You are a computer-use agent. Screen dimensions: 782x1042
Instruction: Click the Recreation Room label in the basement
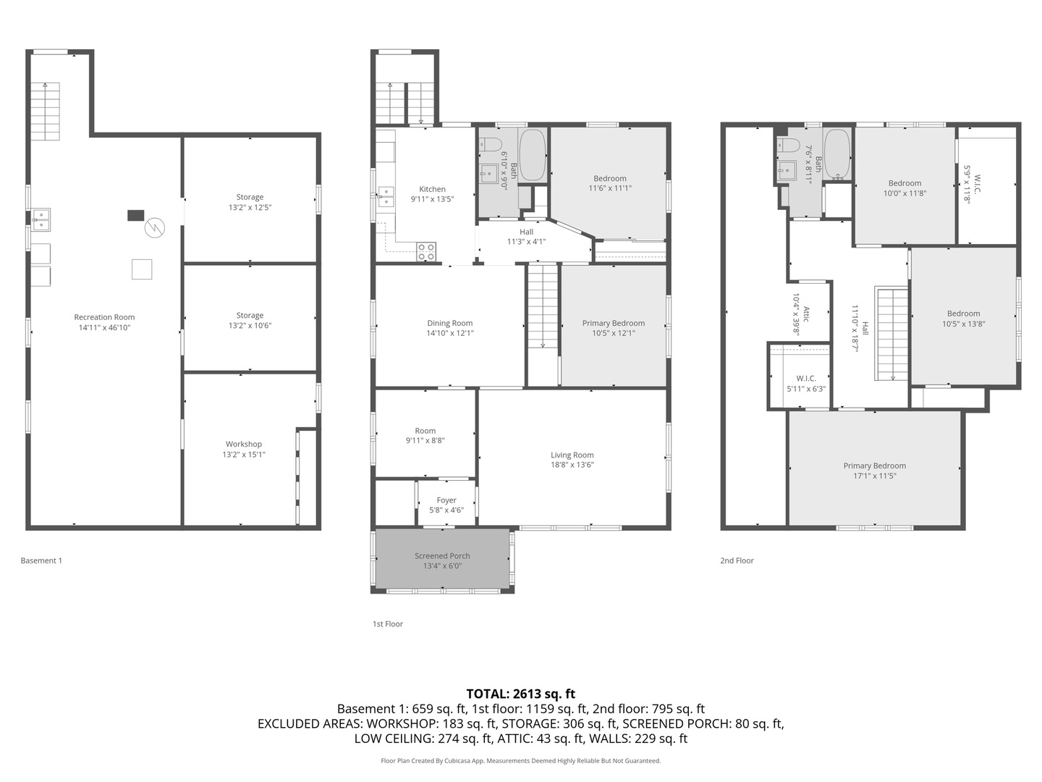(104, 317)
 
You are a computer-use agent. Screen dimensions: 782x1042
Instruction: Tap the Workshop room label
(244, 445)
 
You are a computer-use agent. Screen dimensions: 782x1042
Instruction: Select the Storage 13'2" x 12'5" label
(250, 197)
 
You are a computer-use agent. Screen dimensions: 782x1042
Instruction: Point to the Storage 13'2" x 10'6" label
(250, 316)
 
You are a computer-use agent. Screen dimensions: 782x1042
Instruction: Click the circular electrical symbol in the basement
(154, 229)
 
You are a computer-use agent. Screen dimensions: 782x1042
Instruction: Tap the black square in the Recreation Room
(136, 215)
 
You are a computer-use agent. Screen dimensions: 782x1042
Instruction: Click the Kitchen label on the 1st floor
(433, 189)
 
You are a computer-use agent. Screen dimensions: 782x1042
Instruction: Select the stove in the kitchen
(426, 252)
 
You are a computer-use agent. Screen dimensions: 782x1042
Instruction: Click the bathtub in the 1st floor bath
(533, 155)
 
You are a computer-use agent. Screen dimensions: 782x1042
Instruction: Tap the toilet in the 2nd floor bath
(787, 143)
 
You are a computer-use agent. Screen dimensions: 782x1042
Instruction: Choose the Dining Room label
(449, 324)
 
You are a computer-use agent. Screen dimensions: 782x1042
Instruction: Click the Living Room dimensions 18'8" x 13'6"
(572, 465)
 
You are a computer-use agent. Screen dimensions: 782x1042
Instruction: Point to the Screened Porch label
(442, 556)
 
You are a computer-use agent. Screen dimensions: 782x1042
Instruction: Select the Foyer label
(446, 500)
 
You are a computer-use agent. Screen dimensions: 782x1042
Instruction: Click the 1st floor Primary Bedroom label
(614, 324)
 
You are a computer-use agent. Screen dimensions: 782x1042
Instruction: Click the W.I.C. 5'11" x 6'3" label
(806, 379)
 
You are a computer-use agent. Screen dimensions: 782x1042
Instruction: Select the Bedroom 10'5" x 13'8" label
(963, 314)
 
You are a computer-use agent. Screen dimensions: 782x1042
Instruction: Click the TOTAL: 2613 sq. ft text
(520, 694)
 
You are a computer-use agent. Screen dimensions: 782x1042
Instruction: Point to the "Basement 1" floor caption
(41, 560)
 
